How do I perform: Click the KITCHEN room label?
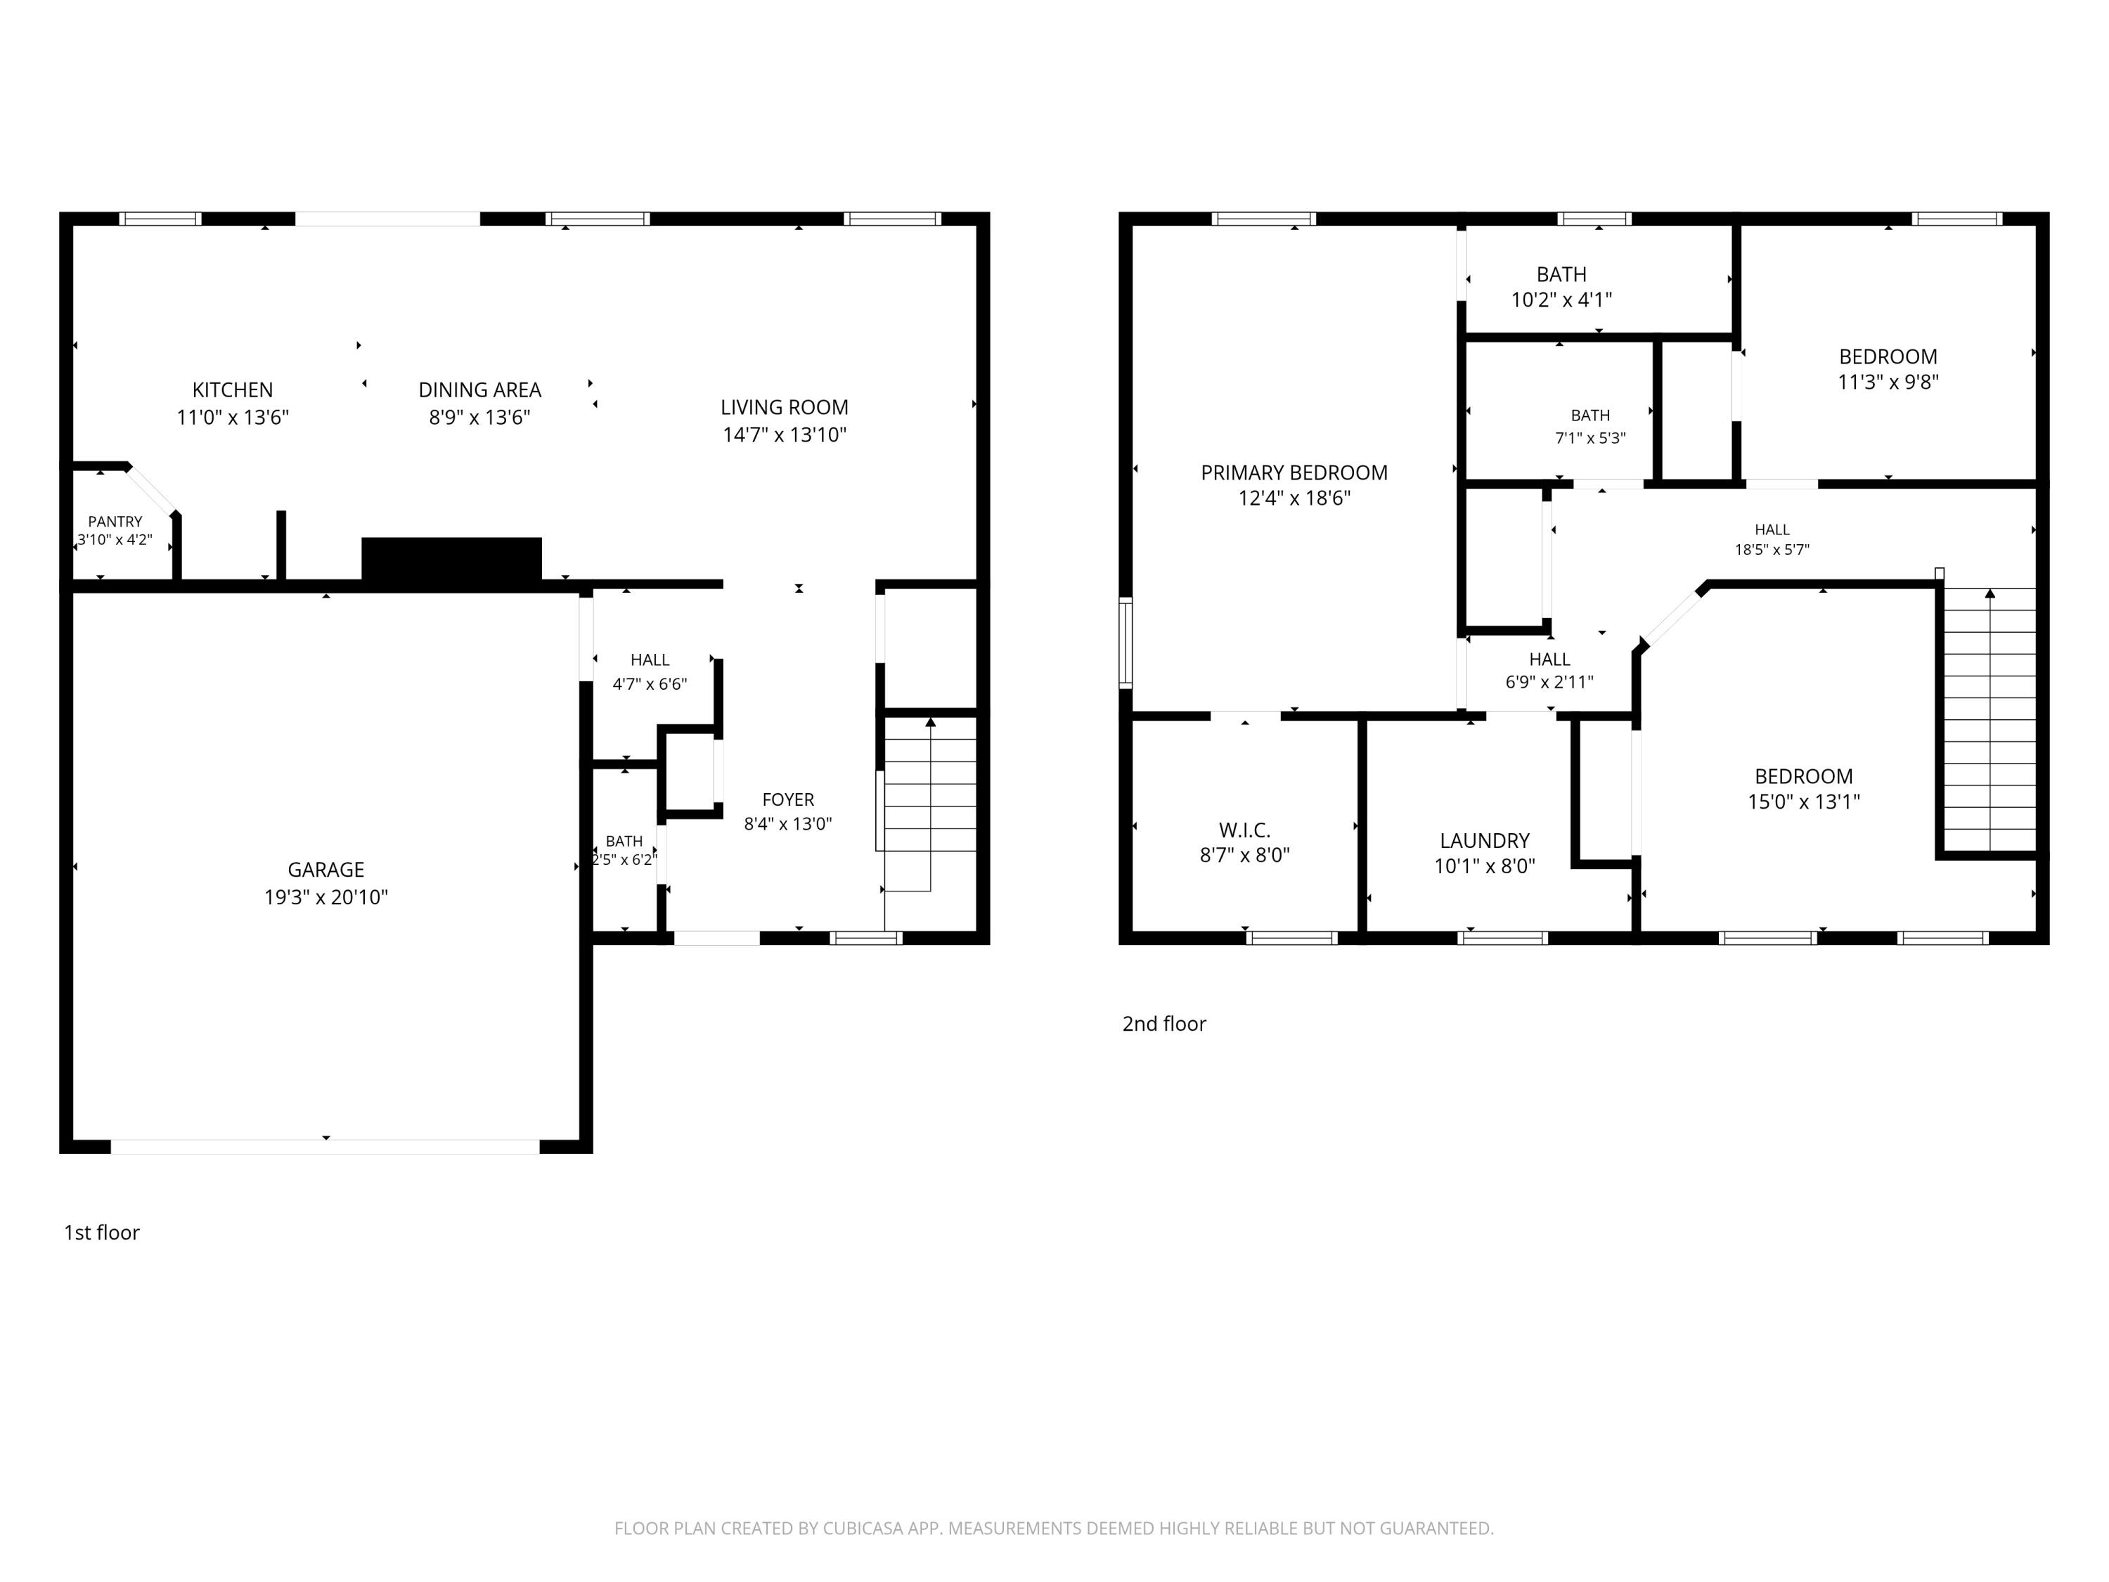233,390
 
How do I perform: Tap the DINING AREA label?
479,390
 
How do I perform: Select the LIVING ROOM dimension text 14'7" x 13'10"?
785,435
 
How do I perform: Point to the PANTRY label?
115,522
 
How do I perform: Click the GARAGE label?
326,870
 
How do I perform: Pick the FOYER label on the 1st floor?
789,800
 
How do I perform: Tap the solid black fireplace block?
452,559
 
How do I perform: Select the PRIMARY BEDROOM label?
1294,473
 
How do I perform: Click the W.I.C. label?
1244,830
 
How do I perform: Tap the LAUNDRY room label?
1485,841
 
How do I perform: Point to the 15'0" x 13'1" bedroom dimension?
1804,802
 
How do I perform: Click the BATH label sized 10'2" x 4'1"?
1562,275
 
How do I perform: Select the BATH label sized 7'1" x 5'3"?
1590,416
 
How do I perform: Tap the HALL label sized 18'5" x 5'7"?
1772,530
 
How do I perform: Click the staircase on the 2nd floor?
1989,720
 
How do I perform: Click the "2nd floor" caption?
1164,1024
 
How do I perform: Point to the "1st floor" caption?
102,1233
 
